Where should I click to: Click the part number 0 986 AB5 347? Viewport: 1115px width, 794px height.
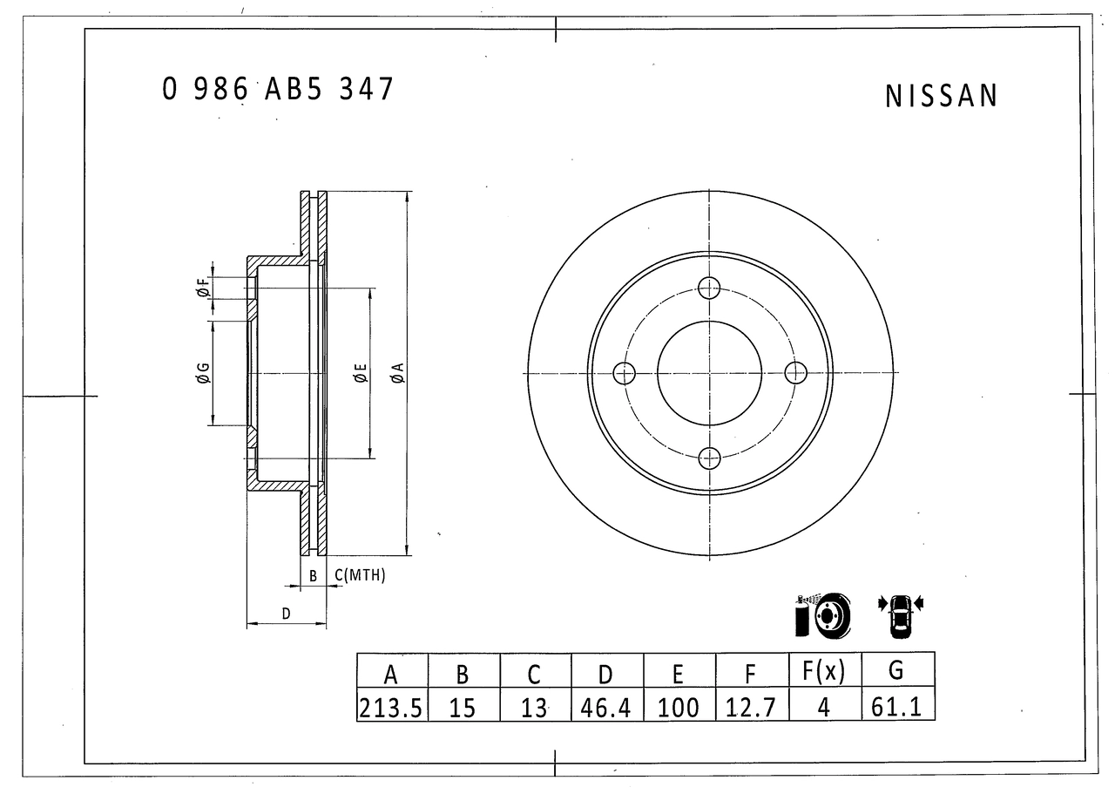pos(278,89)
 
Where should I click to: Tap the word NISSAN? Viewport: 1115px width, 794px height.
pos(942,96)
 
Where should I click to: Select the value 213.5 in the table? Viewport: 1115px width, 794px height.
pos(391,708)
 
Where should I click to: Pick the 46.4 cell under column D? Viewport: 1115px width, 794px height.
pos(605,708)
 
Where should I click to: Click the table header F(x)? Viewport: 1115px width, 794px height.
pos(824,670)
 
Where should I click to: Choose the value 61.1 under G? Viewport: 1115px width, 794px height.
pos(896,707)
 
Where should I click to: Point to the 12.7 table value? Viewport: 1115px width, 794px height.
pos(751,708)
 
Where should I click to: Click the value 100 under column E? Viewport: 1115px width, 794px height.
pos(678,708)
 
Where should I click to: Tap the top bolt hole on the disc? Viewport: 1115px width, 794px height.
pos(709,288)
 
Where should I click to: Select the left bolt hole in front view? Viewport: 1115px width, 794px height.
pos(625,373)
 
